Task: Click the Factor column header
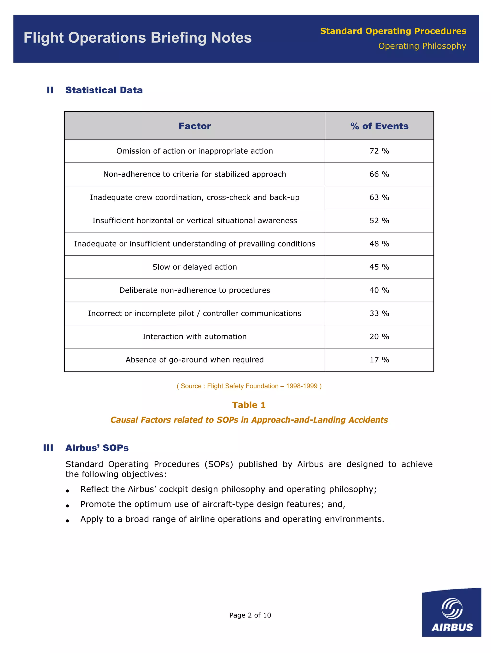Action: pos(194,126)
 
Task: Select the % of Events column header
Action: pos(379,126)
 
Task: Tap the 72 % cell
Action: pos(379,151)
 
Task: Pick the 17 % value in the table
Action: pos(379,360)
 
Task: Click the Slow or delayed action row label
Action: pos(194,267)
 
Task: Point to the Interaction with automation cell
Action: pos(194,337)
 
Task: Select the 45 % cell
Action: pos(379,267)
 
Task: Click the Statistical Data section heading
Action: pos(104,90)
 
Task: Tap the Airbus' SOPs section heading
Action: pos(97,448)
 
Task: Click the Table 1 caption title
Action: pos(249,405)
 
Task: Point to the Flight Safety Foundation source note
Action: pos(249,386)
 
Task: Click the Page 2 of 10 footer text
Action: pos(250,615)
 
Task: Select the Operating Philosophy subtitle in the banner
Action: pos(422,46)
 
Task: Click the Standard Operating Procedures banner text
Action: pos(393,31)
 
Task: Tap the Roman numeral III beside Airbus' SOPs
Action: pos(48,448)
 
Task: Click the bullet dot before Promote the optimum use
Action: pos(67,506)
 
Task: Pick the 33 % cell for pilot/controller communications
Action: pos(379,313)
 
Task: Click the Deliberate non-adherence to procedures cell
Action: pos(194,290)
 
